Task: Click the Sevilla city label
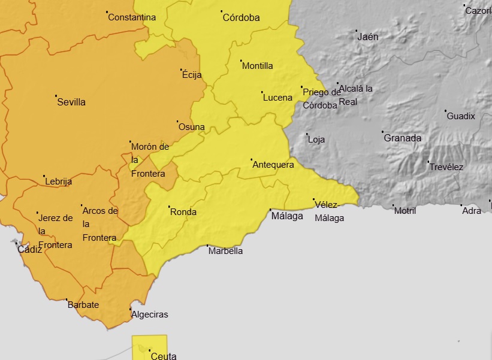click(71, 102)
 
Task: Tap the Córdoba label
click(241, 18)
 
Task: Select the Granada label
click(402, 138)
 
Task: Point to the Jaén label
click(367, 37)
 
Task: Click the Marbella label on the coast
click(225, 251)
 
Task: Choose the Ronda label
click(183, 212)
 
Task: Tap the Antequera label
click(273, 165)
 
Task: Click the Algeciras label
click(149, 314)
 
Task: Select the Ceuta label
click(164, 356)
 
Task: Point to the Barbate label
click(83, 305)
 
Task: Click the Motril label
click(405, 211)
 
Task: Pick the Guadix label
click(460, 116)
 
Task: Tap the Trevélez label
click(446, 167)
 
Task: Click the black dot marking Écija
click(182, 70)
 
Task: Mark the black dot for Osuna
click(177, 122)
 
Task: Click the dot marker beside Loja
click(307, 134)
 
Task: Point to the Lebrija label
click(58, 181)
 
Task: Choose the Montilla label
click(257, 66)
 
